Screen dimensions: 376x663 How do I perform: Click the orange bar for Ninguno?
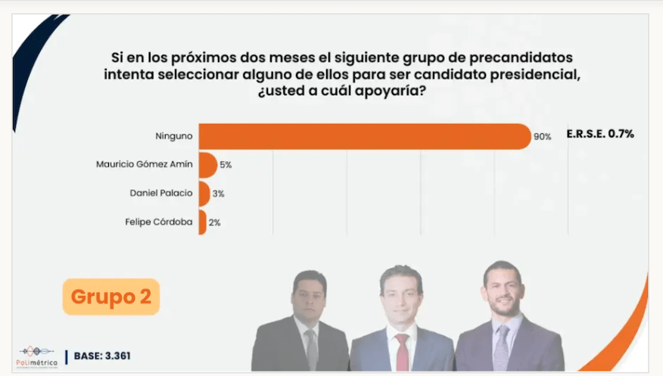coord(363,136)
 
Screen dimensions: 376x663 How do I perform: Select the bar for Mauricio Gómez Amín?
coord(207,164)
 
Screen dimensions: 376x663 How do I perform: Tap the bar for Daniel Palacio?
coord(204,193)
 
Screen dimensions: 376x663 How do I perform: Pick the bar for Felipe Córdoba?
coord(202,222)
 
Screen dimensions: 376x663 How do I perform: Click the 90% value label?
coord(542,137)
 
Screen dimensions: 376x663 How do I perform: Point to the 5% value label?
coord(225,164)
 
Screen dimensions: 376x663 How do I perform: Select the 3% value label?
coord(218,194)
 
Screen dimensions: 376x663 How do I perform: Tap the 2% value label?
coord(214,222)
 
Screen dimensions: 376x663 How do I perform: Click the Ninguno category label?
coord(175,135)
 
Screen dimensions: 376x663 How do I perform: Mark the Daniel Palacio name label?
coord(161,193)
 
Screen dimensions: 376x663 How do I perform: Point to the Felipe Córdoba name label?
coord(159,222)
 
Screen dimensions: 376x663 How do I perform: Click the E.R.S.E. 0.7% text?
coord(600,134)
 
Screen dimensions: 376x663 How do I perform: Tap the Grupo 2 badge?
coord(111,297)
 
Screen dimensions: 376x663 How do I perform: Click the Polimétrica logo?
coord(38,354)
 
